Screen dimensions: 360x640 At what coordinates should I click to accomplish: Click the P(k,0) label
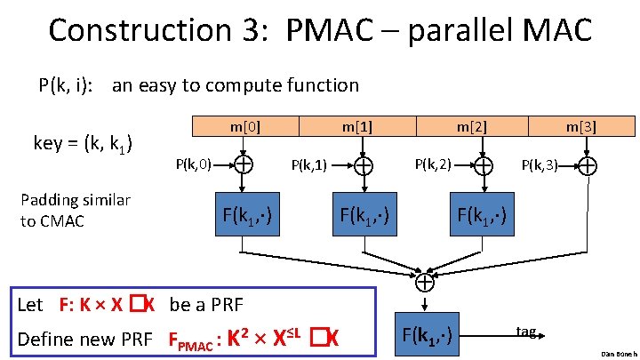[x=193, y=164]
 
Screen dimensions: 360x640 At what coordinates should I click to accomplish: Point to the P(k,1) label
[x=310, y=164]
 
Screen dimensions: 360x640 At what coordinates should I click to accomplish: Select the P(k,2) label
[x=434, y=164]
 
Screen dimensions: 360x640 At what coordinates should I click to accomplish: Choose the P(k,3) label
[x=539, y=164]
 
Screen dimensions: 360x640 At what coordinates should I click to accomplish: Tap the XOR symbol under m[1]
[x=364, y=165]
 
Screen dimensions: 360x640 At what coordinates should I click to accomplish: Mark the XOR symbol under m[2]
[x=484, y=165]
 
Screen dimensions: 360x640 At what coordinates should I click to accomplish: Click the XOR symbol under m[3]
[x=588, y=165]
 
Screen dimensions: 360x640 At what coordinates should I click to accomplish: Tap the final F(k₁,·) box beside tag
[x=426, y=334]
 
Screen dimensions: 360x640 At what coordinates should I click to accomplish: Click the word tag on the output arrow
[x=526, y=332]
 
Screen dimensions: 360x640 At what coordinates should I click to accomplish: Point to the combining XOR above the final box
[x=426, y=282]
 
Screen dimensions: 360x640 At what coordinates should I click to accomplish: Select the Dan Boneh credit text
[x=613, y=353]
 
